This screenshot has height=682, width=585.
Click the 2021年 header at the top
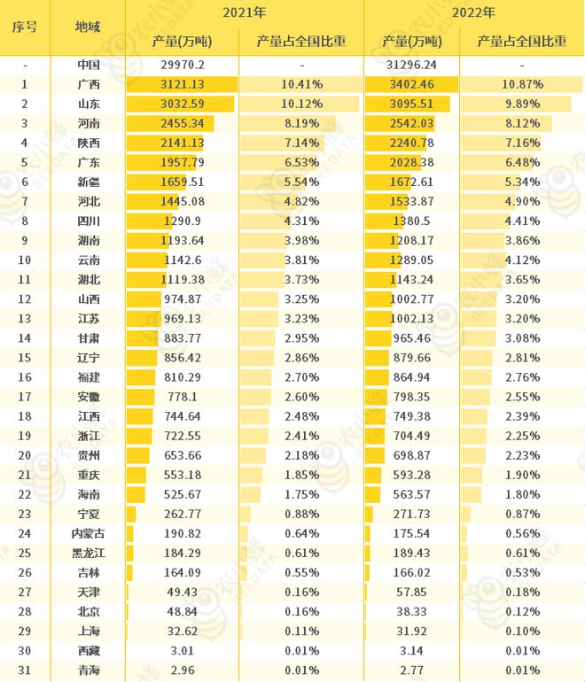click(244, 12)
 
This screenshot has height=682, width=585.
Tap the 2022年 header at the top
click(473, 12)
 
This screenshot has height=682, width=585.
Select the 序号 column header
click(25, 27)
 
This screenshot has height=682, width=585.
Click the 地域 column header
click(88, 27)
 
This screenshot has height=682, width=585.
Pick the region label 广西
click(89, 84)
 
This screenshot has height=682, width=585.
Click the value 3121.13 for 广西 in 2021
click(183, 84)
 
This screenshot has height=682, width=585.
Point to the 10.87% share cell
click(522, 84)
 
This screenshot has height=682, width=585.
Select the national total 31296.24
click(411, 65)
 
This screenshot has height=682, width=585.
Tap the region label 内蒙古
click(89, 533)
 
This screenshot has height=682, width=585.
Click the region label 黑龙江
click(89, 553)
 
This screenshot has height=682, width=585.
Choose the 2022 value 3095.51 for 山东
click(411, 104)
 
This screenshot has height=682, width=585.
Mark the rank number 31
click(25, 670)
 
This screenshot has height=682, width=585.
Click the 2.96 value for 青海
click(183, 670)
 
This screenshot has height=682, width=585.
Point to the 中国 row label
click(89, 65)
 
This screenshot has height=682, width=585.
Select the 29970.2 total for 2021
click(183, 65)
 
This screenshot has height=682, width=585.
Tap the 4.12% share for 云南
click(522, 260)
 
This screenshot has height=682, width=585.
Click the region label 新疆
click(89, 182)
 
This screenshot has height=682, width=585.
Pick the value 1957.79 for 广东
click(183, 162)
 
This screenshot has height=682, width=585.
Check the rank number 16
click(25, 377)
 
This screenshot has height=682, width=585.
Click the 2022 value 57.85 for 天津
click(411, 592)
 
